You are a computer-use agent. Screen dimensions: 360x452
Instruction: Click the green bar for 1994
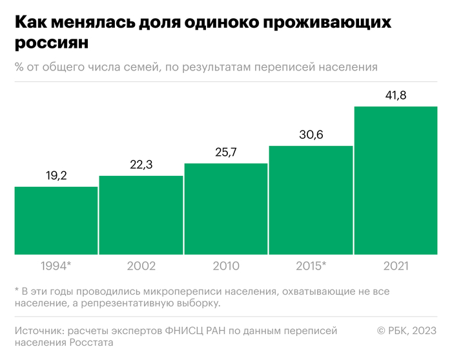click(x=56, y=220)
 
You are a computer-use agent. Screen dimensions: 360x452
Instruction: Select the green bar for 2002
click(x=141, y=215)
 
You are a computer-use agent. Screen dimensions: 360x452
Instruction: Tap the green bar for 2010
click(x=226, y=209)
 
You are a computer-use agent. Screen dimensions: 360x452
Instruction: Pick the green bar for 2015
click(x=311, y=200)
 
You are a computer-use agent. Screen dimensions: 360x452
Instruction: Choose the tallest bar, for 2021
click(x=396, y=180)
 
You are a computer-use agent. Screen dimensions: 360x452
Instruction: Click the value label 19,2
click(x=56, y=176)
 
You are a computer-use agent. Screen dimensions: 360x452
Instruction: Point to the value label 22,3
click(x=141, y=165)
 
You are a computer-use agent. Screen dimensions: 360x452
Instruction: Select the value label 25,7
click(x=226, y=153)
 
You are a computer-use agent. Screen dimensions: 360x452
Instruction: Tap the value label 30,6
click(x=311, y=135)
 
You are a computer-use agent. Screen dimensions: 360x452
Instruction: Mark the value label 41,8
click(x=396, y=96)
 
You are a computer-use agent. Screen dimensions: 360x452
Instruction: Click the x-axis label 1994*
click(x=56, y=266)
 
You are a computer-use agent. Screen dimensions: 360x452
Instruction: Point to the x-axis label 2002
click(x=141, y=266)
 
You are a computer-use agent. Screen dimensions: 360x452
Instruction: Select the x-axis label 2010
click(x=226, y=266)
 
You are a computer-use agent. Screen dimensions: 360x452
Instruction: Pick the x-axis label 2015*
click(x=311, y=266)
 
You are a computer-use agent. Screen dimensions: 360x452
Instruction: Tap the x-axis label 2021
click(x=396, y=266)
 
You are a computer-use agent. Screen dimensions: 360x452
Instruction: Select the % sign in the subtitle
click(x=19, y=67)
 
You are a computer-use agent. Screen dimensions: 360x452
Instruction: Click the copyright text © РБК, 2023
click(x=407, y=330)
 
